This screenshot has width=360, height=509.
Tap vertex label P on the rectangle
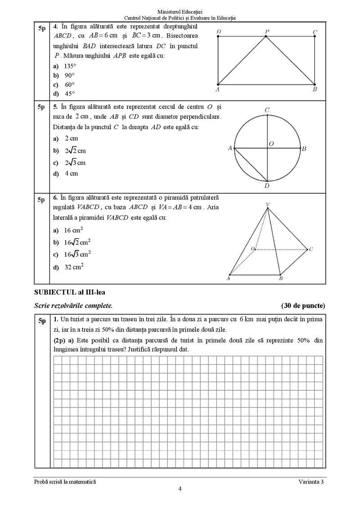point(267,31)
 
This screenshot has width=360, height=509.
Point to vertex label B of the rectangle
point(315,89)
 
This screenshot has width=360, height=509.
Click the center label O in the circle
point(271,144)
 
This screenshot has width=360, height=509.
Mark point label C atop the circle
point(267,110)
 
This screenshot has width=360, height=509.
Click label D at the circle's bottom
point(267,185)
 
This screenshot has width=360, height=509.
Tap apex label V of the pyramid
point(268,205)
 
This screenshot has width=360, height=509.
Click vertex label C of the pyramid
point(311,249)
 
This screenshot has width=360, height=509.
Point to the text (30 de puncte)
point(303,306)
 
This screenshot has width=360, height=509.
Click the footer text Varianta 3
point(311,482)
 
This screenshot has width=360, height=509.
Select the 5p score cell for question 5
point(41,107)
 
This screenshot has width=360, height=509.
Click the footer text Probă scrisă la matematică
point(65,482)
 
